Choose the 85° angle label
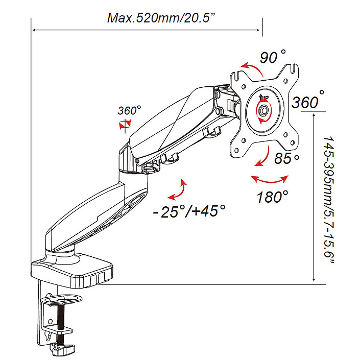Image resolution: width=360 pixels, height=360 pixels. pyautogui.click(x=286, y=159)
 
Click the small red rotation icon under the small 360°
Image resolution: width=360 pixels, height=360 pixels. pyautogui.click(x=125, y=124)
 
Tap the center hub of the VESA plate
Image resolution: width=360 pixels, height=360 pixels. pyautogui.click(x=264, y=109)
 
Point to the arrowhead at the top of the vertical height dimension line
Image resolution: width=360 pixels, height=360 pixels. pyautogui.click(x=313, y=115)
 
